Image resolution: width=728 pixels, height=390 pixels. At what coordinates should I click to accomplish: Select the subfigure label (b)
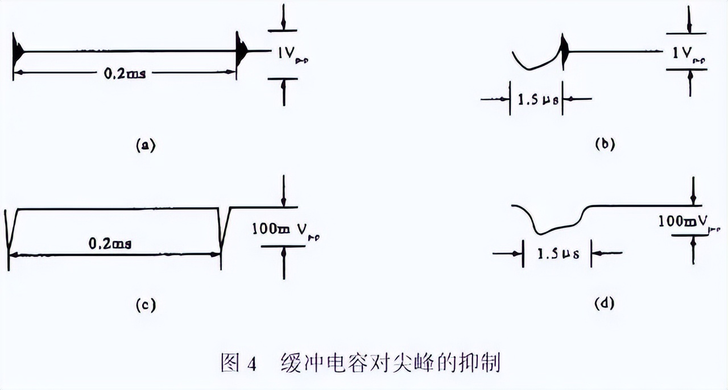pos(605,144)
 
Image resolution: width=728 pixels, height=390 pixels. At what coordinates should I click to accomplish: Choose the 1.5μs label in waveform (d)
pos(558,254)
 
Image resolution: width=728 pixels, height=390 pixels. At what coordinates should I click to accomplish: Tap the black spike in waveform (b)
pos(564,51)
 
